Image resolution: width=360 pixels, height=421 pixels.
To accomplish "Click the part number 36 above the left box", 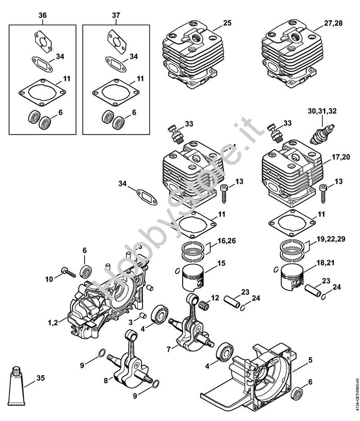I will (x=42, y=16).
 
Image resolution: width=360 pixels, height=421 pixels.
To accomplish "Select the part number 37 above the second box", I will (x=116, y=16).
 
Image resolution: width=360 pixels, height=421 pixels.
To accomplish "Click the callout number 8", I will (x=105, y=380).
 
